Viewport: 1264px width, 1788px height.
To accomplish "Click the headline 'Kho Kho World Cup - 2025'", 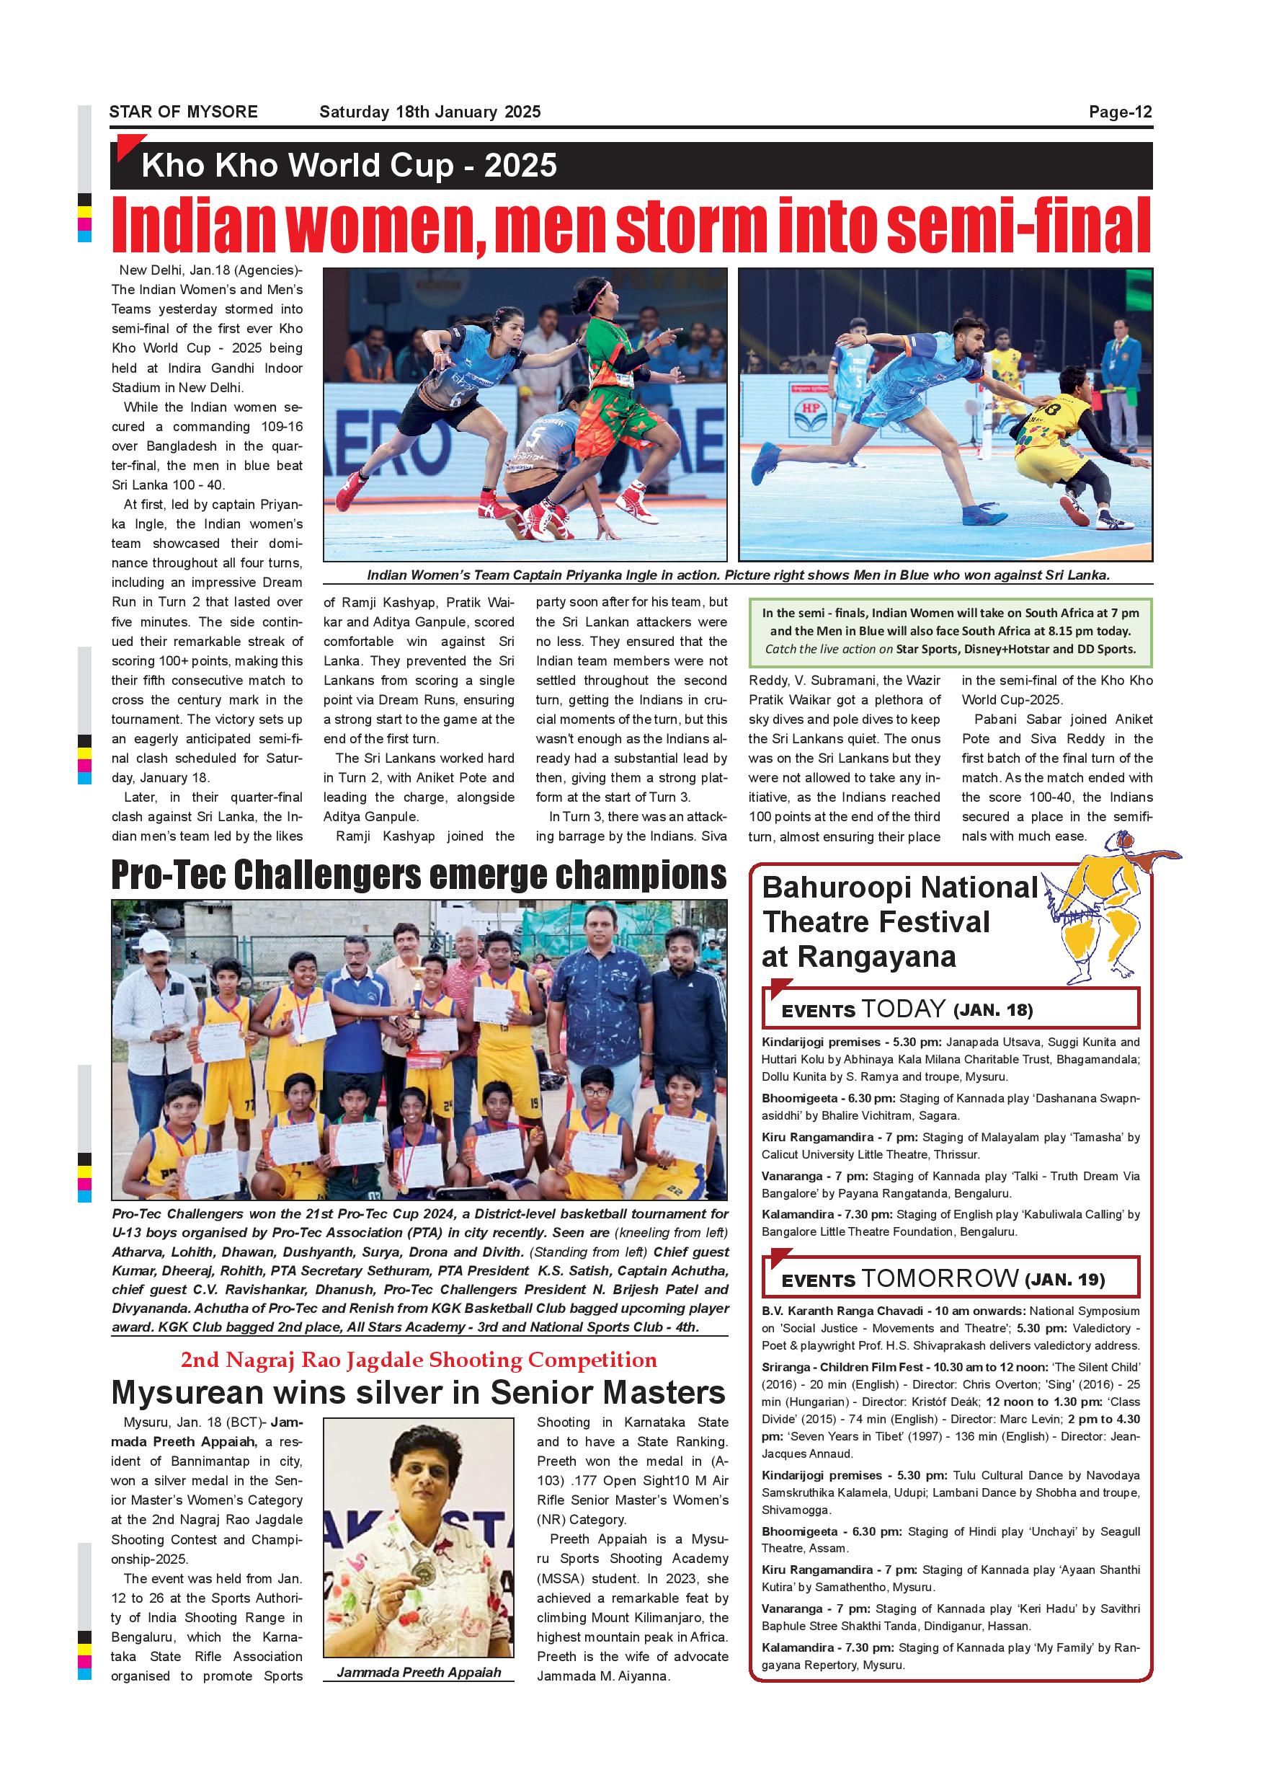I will (x=349, y=166).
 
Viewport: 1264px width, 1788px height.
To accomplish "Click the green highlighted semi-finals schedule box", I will (x=950, y=632).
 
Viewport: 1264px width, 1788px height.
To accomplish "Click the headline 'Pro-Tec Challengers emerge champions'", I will (x=419, y=875).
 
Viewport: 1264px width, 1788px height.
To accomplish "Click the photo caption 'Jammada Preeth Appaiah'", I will (x=419, y=1672).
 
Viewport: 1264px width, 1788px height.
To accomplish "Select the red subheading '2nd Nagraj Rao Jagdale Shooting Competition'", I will (x=419, y=1360).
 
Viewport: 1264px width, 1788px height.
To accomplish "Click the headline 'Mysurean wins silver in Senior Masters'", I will (x=419, y=1391).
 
